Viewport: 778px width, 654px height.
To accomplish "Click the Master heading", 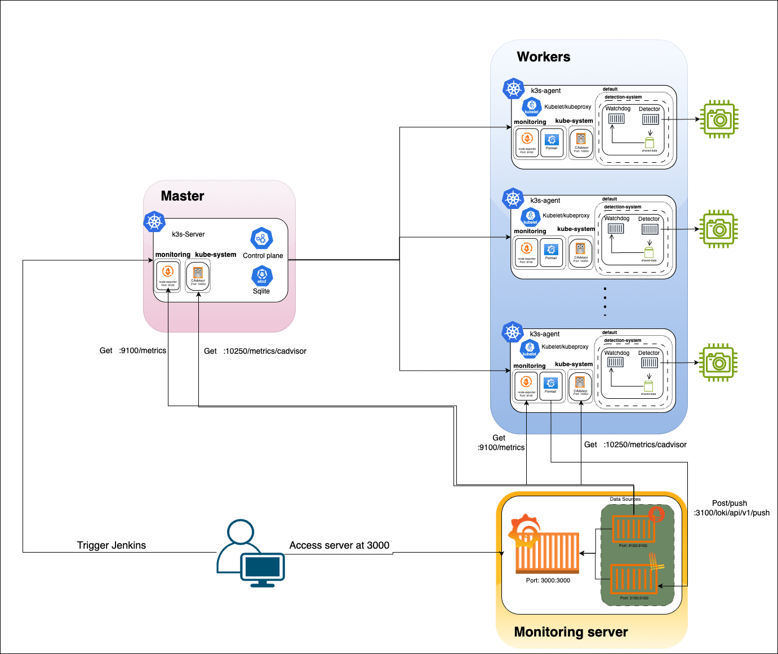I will coord(182,196).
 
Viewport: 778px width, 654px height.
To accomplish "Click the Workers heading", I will coord(543,57).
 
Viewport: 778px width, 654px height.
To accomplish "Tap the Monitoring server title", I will coord(571,632).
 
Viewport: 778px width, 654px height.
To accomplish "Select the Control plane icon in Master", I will coord(262,239).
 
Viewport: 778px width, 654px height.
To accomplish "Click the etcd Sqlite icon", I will coord(262,275).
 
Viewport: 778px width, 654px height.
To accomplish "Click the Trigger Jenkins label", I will coord(112,545).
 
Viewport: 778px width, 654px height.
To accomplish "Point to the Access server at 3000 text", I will coord(339,545).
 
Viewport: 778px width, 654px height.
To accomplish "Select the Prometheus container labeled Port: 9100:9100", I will coord(633,529).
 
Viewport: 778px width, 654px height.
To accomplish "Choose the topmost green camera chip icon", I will coord(718,119).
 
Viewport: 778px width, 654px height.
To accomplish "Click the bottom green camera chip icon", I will coord(718,363).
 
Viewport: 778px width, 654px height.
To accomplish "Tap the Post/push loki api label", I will coord(731,508).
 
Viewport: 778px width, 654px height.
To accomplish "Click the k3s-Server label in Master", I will coord(188,234).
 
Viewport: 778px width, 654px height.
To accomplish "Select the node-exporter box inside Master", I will coord(168,275).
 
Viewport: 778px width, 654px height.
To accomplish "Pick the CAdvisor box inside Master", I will coord(198,275).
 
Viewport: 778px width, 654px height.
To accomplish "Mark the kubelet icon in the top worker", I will coord(532,106).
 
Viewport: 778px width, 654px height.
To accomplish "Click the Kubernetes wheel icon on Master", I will coord(154,221).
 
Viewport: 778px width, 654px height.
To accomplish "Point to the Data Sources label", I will coord(625,499).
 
